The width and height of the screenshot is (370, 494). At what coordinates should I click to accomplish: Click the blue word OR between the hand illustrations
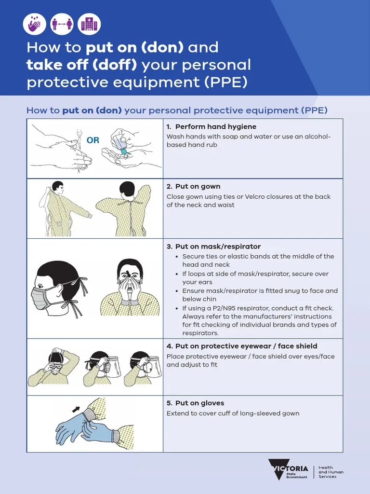point(92,140)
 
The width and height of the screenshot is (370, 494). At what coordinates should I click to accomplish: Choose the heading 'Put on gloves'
point(199,403)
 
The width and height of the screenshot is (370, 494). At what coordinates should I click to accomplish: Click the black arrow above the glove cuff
point(76,410)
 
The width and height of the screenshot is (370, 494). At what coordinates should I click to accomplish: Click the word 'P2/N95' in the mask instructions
point(217,308)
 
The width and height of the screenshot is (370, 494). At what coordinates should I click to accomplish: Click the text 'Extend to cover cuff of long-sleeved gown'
point(233,413)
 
